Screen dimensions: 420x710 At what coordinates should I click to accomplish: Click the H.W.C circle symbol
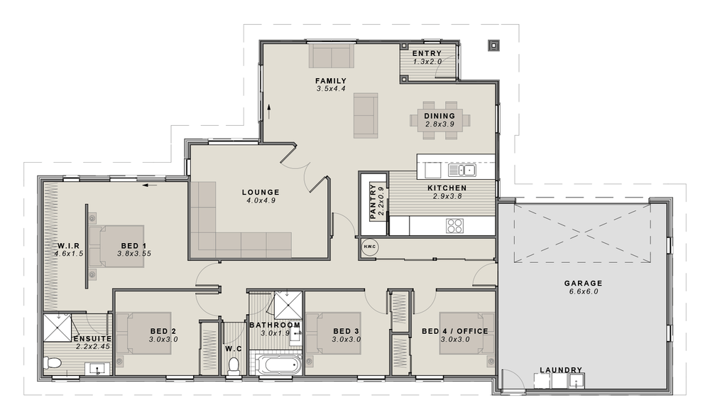click(x=370, y=247)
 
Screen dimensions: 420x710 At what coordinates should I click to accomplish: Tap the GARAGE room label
click(x=584, y=282)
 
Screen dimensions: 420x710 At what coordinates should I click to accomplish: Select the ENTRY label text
click(x=427, y=53)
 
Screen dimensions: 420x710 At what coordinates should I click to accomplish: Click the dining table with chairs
click(x=439, y=119)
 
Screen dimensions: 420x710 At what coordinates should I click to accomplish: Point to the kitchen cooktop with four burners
click(x=454, y=226)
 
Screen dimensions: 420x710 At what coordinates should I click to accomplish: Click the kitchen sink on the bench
click(x=461, y=170)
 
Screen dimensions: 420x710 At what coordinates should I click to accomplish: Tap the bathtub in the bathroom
click(x=278, y=366)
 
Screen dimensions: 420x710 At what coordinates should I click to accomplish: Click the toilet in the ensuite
click(x=53, y=363)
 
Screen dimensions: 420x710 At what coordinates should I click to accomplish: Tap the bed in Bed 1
click(x=117, y=247)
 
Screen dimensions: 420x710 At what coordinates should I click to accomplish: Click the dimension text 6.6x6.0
click(x=584, y=291)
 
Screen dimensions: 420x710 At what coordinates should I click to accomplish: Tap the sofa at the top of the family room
click(x=331, y=57)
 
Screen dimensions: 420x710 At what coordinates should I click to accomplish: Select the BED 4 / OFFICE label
click(x=454, y=331)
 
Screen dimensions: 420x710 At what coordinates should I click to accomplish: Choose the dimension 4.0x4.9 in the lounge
click(x=260, y=200)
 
